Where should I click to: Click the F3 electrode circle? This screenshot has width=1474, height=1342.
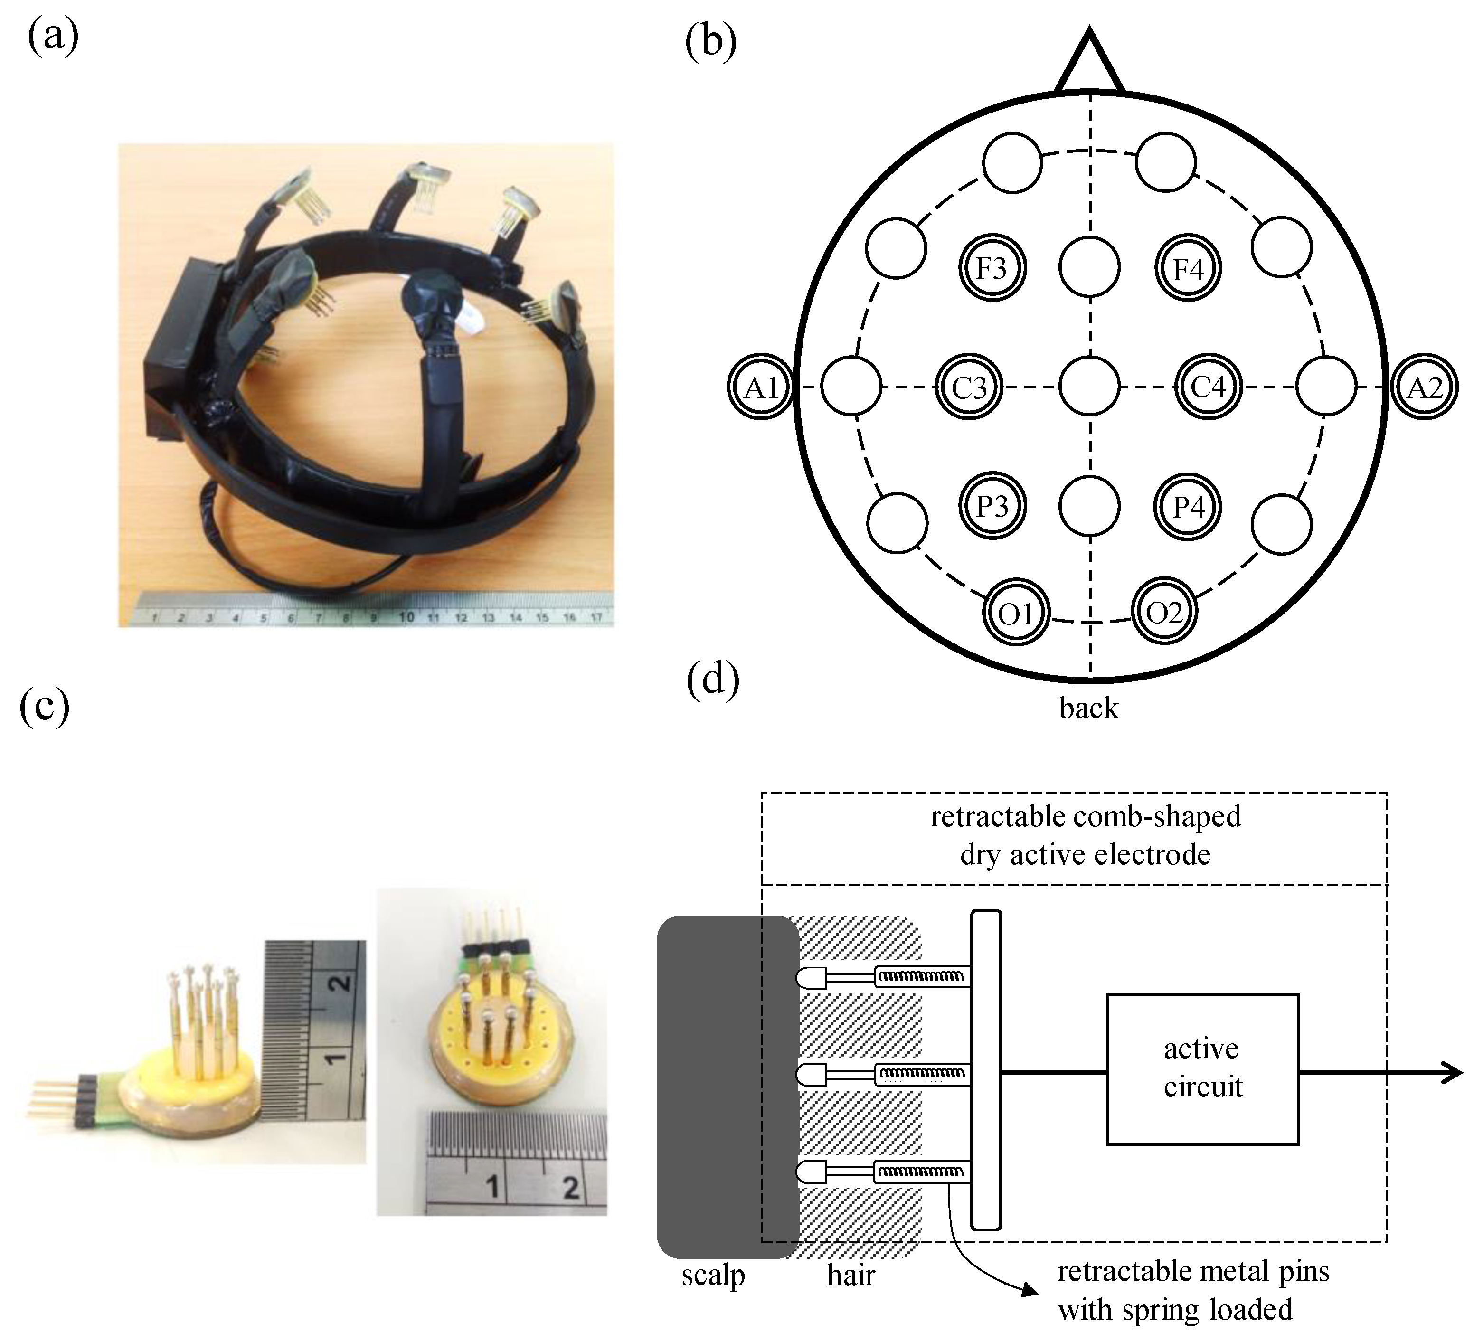pyautogui.click(x=992, y=268)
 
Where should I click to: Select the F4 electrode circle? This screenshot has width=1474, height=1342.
pyautogui.click(x=1188, y=268)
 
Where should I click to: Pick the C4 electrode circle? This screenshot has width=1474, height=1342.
pyautogui.click(x=1209, y=387)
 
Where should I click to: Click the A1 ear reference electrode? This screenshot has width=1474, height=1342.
pyautogui.click(x=760, y=387)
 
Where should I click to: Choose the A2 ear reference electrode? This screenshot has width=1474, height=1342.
pyautogui.click(x=1424, y=387)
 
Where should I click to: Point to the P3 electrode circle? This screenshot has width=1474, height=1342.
pyautogui.click(x=992, y=506)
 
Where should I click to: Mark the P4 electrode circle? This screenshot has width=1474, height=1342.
pyautogui.click(x=1188, y=506)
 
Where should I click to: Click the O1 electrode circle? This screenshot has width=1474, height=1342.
pyautogui.click(x=1016, y=614)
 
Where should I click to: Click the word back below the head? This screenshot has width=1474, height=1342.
pyautogui.click(x=1089, y=708)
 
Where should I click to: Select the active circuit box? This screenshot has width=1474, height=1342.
pyautogui.click(x=1202, y=1068)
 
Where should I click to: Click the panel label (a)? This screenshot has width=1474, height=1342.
pyautogui.click(x=53, y=38)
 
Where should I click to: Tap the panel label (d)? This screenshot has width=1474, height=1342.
pyautogui.click(x=713, y=680)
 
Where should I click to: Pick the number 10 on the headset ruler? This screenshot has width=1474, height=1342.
pyautogui.click(x=406, y=616)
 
